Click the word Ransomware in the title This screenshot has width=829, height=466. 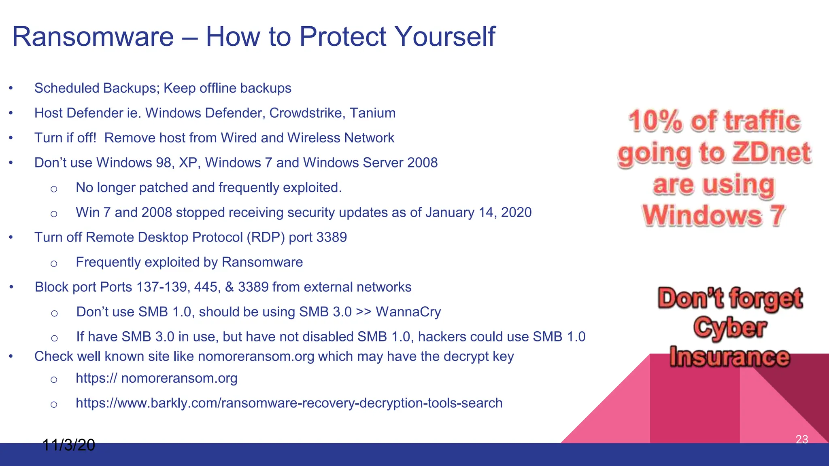(x=93, y=36)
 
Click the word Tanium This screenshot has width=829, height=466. (x=372, y=113)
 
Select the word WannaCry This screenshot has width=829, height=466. (x=408, y=312)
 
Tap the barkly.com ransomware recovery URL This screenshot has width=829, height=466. (x=289, y=403)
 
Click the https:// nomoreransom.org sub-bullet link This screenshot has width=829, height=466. (x=157, y=378)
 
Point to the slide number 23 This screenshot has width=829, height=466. (x=801, y=439)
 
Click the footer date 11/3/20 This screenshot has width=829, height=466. (x=68, y=445)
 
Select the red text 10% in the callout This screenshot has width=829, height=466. (x=655, y=121)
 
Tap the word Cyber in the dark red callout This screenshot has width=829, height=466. (x=730, y=328)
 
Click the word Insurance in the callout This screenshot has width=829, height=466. (x=729, y=357)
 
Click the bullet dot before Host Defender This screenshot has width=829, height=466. (x=11, y=113)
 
